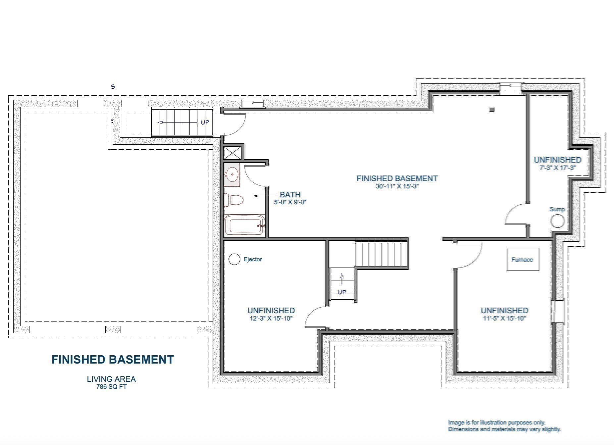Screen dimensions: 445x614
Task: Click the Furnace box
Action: pyautogui.click(x=522, y=260)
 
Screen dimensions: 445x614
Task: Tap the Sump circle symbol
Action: pyautogui.click(x=557, y=221)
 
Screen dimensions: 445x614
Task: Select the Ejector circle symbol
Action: pyautogui.click(x=234, y=259)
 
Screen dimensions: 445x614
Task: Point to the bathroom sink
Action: pyautogui.click(x=232, y=174)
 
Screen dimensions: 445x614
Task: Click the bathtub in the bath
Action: pyautogui.click(x=244, y=225)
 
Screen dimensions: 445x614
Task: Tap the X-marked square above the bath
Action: pyautogui.click(x=233, y=153)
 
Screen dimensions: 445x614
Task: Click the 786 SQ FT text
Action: pyautogui.click(x=111, y=386)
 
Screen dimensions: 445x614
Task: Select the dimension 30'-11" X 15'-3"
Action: pyautogui.click(x=397, y=186)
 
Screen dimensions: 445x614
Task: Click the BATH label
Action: pyautogui.click(x=290, y=195)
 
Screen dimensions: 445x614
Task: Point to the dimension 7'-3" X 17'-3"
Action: pyautogui.click(x=558, y=168)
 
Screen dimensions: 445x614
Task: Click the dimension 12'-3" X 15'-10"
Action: pyautogui.click(x=271, y=319)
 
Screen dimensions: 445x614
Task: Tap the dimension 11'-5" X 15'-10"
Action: pyautogui.click(x=504, y=319)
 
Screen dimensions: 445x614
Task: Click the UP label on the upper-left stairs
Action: pyautogui.click(x=205, y=122)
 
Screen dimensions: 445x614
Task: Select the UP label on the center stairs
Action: pyautogui.click(x=342, y=292)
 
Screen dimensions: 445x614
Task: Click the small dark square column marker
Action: pyautogui.click(x=492, y=109)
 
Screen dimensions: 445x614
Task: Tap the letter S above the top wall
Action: pyautogui.click(x=113, y=87)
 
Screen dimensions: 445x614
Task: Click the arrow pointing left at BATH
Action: pyautogui.click(x=260, y=196)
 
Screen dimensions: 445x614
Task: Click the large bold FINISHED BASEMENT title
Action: pyautogui.click(x=113, y=360)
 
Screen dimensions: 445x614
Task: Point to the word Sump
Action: pyautogui.click(x=557, y=209)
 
